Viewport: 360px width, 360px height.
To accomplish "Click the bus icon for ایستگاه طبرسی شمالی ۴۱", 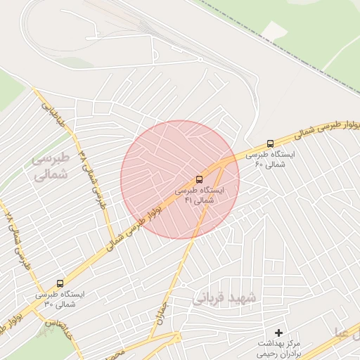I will [x=199, y=179].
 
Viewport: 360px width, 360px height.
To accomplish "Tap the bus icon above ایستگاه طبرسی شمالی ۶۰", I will [x=271, y=143].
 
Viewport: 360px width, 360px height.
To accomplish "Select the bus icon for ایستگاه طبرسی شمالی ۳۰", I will [x=60, y=284].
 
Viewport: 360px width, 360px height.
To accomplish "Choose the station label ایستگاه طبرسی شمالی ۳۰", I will [x=60, y=299].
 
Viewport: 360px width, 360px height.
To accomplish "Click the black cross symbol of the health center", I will [x=279, y=332].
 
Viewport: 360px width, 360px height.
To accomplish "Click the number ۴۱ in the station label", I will [x=188, y=200].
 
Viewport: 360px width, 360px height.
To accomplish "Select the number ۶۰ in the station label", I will [x=259, y=164].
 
